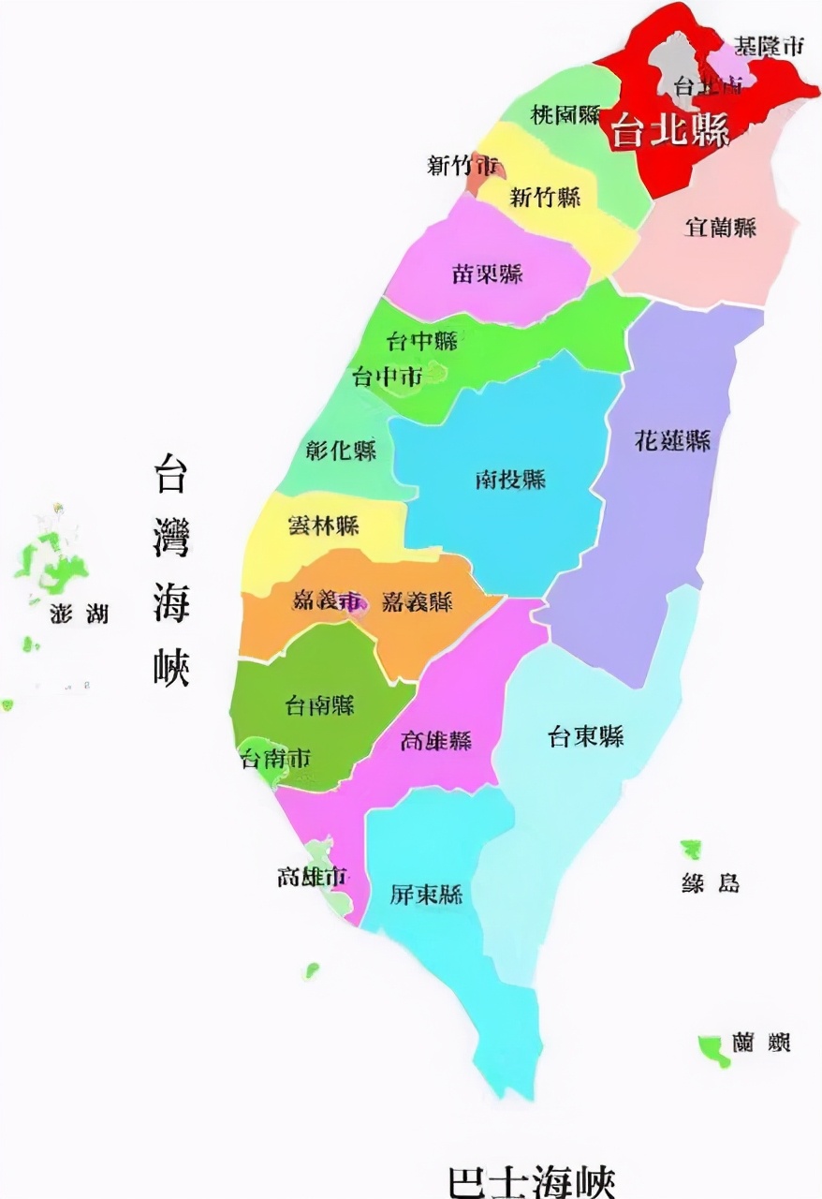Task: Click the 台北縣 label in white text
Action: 670,132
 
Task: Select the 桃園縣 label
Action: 565,115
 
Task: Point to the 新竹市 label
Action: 463,166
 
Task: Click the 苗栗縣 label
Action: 488,274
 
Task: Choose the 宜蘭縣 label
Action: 721,227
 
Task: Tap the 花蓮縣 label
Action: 672,441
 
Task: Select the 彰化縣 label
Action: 342,451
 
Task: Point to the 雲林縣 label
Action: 324,525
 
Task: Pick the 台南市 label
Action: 275,758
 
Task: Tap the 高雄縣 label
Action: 436,741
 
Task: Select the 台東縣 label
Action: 586,737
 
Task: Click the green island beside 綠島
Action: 692,850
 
